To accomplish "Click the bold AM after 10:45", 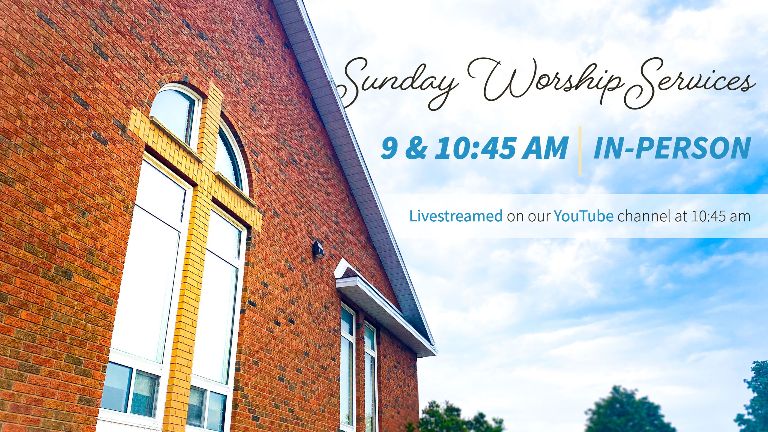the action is coord(545,148).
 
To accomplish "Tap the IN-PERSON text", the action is coord(672,148).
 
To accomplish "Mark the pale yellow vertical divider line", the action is coord(580,150).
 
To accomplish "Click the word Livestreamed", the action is coord(456,216).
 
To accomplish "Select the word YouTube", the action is coord(583,216).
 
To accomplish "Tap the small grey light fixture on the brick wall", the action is coord(318,250).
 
